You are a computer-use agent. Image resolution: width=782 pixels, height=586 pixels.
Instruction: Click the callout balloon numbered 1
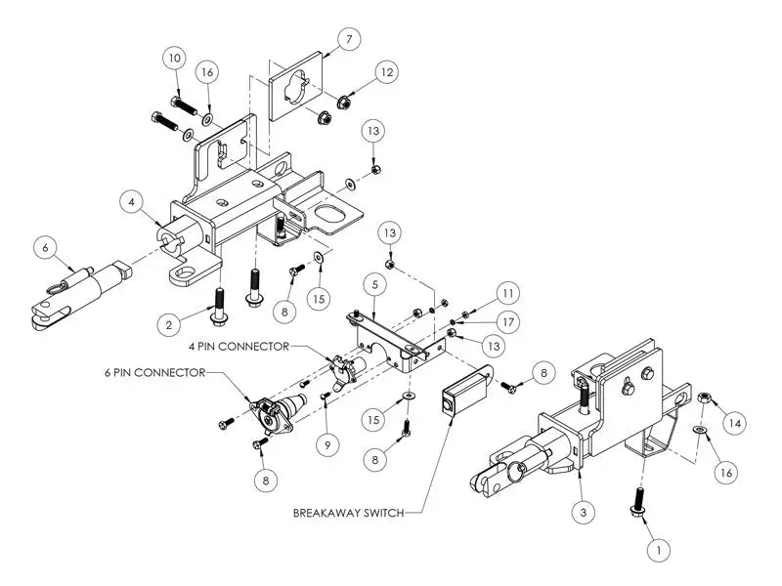click(660, 550)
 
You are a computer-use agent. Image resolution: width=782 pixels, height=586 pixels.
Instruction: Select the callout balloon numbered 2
click(169, 323)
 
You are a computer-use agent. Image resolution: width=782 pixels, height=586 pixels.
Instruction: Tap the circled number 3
click(585, 509)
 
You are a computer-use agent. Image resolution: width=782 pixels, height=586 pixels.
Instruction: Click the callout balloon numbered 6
click(45, 248)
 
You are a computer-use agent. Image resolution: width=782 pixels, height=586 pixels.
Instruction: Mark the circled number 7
click(349, 39)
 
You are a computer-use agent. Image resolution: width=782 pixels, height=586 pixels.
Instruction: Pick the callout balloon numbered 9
click(328, 444)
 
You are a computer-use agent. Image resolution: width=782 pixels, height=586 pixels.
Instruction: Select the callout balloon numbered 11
click(505, 292)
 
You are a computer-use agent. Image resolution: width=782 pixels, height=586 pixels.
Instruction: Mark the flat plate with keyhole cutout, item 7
click(298, 88)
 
